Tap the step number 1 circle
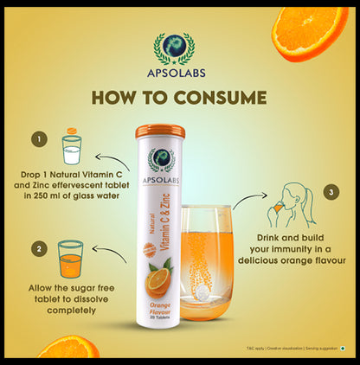37,138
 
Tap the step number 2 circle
37,249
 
